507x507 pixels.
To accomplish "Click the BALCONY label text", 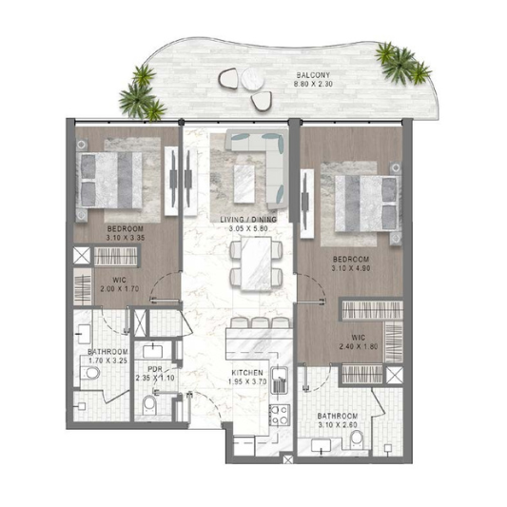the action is tap(313, 75).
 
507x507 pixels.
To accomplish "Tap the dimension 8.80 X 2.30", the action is tap(313, 84).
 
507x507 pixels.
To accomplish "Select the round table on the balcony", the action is tap(253, 78).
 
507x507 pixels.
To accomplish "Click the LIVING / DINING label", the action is tap(248, 220).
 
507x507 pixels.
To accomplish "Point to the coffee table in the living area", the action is tap(244, 184).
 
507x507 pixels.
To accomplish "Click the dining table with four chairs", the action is tap(256, 263).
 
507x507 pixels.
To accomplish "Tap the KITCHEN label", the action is tap(247, 373).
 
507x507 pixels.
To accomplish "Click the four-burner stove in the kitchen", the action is tap(280, 415).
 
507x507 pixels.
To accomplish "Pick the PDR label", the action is tap(155, 369).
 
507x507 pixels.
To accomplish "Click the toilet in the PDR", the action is tap(149, 405).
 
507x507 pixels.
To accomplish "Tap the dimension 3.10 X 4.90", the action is tap(351, 268).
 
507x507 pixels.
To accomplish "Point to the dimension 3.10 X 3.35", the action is tap(126, 238).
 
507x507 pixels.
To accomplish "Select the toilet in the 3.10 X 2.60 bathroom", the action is tap(358, 439).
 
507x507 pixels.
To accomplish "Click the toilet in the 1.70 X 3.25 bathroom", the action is tap(90, 373).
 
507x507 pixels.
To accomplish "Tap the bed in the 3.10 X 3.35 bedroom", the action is tap(109, 180).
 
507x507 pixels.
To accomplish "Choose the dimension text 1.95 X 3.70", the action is tap(247, 381).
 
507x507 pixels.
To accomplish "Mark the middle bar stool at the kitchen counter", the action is tap(261, 322).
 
